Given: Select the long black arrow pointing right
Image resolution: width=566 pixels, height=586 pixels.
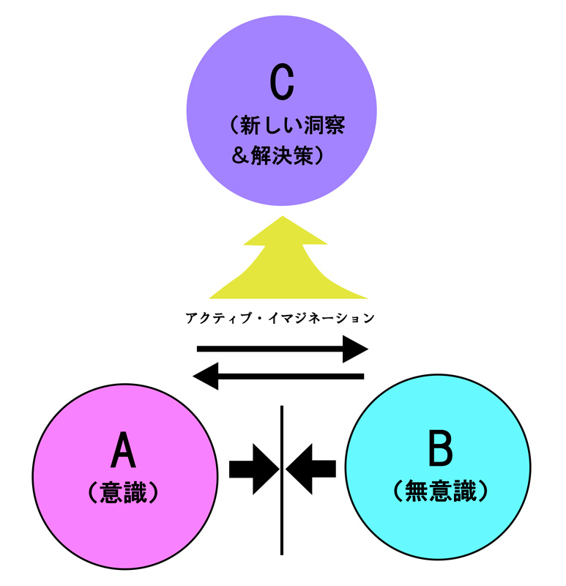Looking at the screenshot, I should point(282,349).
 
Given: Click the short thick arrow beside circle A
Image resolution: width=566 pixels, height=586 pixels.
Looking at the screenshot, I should point(253,467).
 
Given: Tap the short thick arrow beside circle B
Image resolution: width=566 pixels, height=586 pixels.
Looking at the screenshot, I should point(312,467).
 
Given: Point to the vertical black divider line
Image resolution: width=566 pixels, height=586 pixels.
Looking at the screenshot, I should point(282,527).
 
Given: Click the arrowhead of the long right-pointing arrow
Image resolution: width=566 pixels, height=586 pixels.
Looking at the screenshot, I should point(357,349).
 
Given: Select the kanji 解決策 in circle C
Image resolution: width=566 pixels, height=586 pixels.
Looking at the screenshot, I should point(280,155).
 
